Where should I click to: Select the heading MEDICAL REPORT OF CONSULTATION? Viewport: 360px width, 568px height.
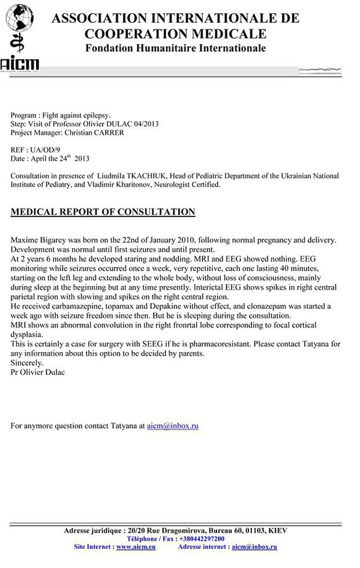tap(103, 212)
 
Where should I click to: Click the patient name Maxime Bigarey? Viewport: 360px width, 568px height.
tap(41, 240)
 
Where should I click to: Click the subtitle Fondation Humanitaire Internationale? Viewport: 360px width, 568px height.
tap(175, 48)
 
